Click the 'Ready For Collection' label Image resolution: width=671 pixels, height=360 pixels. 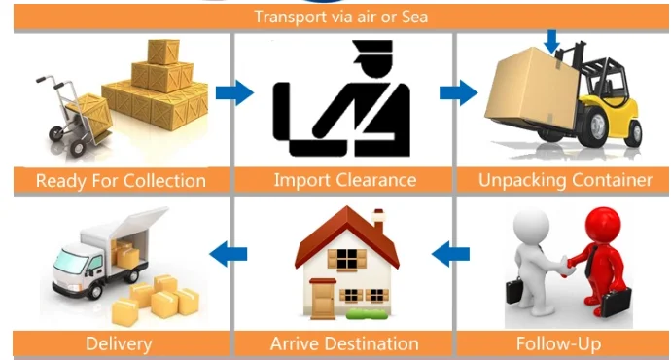click(x=121, y=180)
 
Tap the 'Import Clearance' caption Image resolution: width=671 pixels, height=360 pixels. click(x=344, y=180)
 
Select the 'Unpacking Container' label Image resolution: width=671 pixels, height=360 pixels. click(x=565, y=180)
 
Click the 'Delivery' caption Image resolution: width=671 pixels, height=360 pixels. click(x=119, y=343)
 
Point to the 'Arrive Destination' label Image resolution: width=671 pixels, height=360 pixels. click(x=344, y=343)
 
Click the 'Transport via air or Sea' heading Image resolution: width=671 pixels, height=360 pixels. click(x=340, y=16)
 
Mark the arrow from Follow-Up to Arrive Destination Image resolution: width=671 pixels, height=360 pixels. click(x=450, y=255)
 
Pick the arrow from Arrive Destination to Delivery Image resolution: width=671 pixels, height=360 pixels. click(x=229, y=255)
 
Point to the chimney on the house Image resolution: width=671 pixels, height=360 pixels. click(x=378, y=218)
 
